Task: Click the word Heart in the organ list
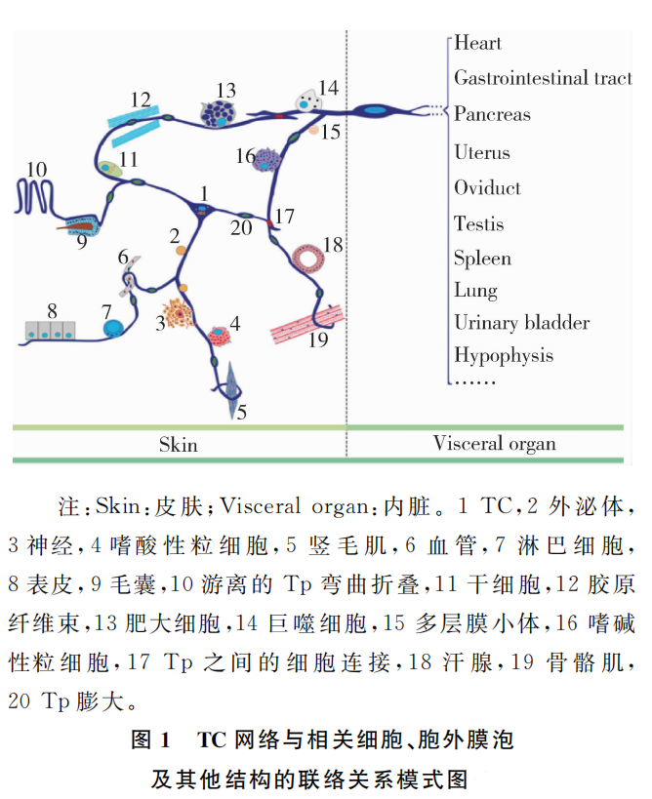click(x=477, y=43)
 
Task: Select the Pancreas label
click(x=492, y=114)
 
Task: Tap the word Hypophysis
click(x=504, y=356)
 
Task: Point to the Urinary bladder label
click(x=521, y=323)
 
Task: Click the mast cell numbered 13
click(x=219, y=113)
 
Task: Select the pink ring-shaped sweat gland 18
click(x=308, y=259)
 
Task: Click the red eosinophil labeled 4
click(x=220, y=336)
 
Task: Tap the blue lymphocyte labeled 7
click(x=113, y=329)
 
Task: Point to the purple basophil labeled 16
click(x=266, y=161)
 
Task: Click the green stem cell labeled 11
click(x=110, y=169)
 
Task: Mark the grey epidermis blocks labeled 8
click(x=51, y=330)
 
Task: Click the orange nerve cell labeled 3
click(x=178, y=313)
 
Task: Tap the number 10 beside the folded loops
click(x=36, y=170)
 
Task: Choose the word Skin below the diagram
click(x=178, y=445)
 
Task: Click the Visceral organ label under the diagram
click(x=495, y=444)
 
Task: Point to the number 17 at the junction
click(x=284, y=217)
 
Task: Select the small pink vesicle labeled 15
click(x=314, y=130)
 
